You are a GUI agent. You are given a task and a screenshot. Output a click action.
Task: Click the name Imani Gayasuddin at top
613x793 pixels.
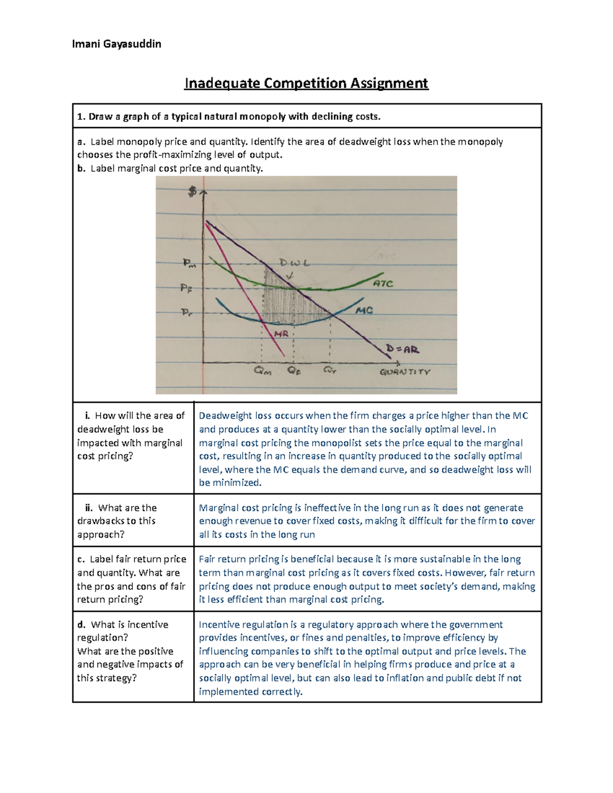[x=116, y=44]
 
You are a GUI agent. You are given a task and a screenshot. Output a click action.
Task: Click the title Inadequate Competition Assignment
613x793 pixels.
[x=306, y=83]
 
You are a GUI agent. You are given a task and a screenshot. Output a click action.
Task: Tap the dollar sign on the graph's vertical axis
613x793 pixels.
[x=192, y=191]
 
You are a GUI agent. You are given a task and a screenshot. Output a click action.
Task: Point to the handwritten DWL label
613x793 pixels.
[x=294, y=263]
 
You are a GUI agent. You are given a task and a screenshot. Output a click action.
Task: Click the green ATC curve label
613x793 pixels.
[x=383, y=283]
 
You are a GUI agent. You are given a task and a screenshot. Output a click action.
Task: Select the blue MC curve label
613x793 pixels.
[x=364, y=310]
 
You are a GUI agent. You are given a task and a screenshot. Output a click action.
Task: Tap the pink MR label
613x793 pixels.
[x=281, y=334]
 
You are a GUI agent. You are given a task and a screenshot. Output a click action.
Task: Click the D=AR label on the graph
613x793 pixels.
[x=403, y=350]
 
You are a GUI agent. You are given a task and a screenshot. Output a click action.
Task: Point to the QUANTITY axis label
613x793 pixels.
[x=405, y=372]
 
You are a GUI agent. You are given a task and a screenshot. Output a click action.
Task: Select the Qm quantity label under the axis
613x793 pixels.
[x=263, y=372]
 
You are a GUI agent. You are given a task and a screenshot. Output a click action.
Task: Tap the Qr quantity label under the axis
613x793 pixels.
[x=330, y=371]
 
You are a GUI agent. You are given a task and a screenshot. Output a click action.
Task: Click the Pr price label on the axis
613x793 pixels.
[x=187, y=312]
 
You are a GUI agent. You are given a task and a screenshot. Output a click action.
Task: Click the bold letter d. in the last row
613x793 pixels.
[x=81, y=624]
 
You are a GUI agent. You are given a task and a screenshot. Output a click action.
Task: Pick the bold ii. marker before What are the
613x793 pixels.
[x=89, y=508]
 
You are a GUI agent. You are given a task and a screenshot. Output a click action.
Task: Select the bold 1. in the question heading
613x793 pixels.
[x=81, y=116]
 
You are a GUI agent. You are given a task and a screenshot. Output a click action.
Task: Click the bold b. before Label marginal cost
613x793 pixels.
[x=81, y=168]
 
